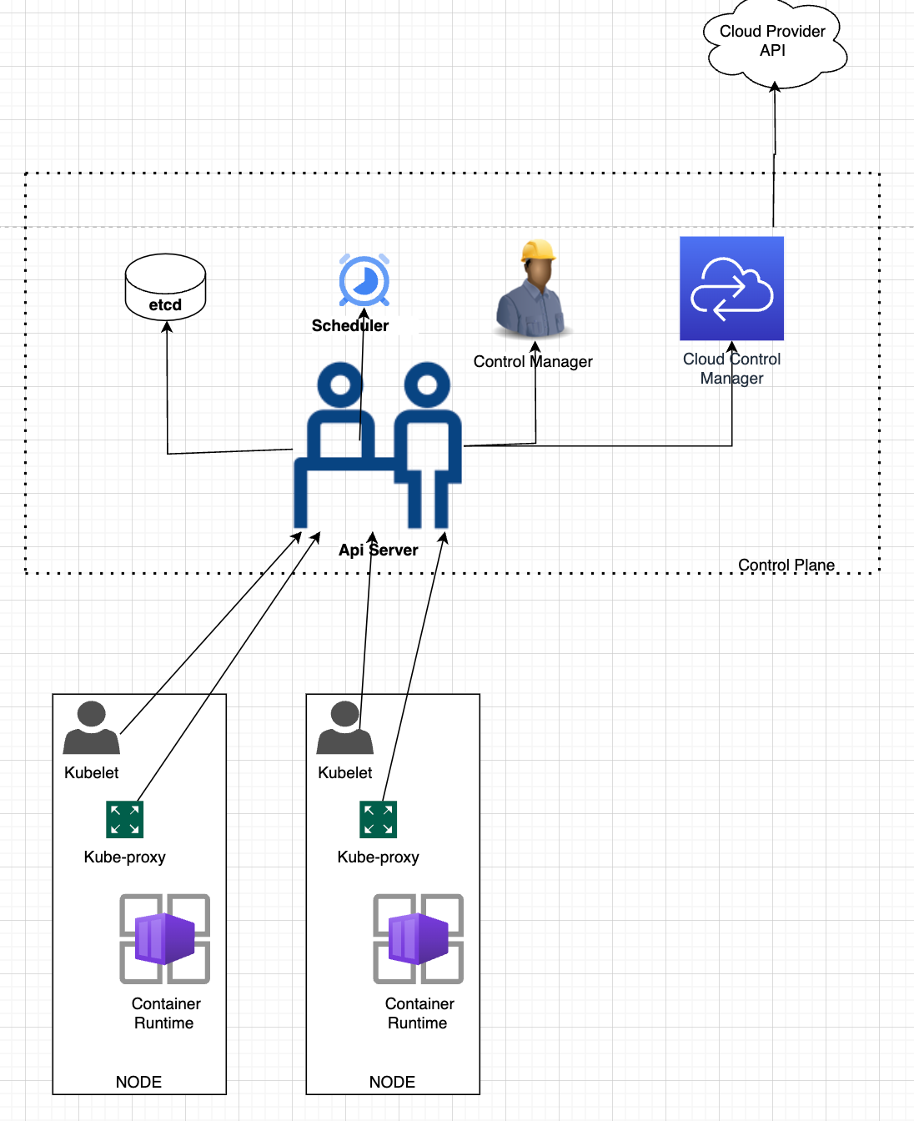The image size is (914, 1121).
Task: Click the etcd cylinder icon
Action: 165,286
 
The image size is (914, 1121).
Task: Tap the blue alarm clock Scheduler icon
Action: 364,280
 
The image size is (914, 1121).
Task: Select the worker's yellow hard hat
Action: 539,250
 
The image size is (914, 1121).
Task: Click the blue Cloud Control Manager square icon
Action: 731,289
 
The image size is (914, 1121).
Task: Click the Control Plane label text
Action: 786,565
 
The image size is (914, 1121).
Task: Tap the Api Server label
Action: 379,550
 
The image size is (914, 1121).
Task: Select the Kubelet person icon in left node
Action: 91,728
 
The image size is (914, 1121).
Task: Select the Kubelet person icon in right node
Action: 344,728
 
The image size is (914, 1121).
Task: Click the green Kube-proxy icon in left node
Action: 125,819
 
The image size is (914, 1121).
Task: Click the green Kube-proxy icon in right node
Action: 378,819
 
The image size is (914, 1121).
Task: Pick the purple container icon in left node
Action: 165,938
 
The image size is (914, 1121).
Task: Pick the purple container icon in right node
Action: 418,938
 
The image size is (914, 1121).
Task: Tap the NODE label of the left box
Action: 138,1082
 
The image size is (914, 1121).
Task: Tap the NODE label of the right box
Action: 392,1082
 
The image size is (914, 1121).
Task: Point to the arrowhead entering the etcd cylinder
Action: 167,327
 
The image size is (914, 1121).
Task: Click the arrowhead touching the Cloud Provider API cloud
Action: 775,86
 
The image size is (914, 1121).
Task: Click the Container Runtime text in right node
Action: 419,1013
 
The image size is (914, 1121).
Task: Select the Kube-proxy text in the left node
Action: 125,857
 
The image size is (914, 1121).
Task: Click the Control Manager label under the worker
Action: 533,361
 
